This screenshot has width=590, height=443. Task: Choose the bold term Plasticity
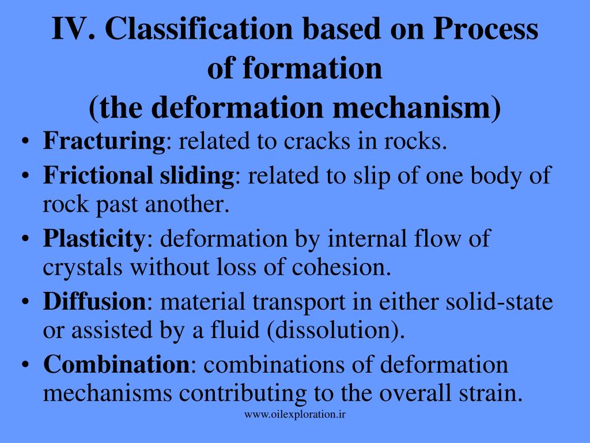point(93,239)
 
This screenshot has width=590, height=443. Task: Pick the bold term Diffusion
point(94,302)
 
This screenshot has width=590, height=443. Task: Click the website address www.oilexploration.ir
point(295,414)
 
